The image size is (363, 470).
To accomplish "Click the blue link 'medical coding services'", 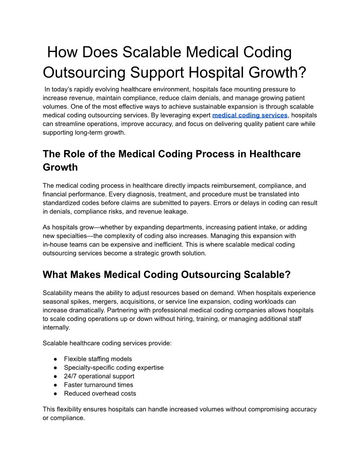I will (250, 115).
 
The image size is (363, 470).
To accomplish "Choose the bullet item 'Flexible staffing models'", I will (98, 359).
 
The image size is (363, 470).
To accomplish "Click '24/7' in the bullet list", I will (71, 376).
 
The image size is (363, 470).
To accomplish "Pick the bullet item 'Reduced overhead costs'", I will (100, 393).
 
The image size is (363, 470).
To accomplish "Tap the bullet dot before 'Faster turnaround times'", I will (55, 385).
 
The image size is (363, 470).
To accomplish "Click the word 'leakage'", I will (177, 211).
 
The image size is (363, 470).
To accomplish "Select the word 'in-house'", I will (56, 244).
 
